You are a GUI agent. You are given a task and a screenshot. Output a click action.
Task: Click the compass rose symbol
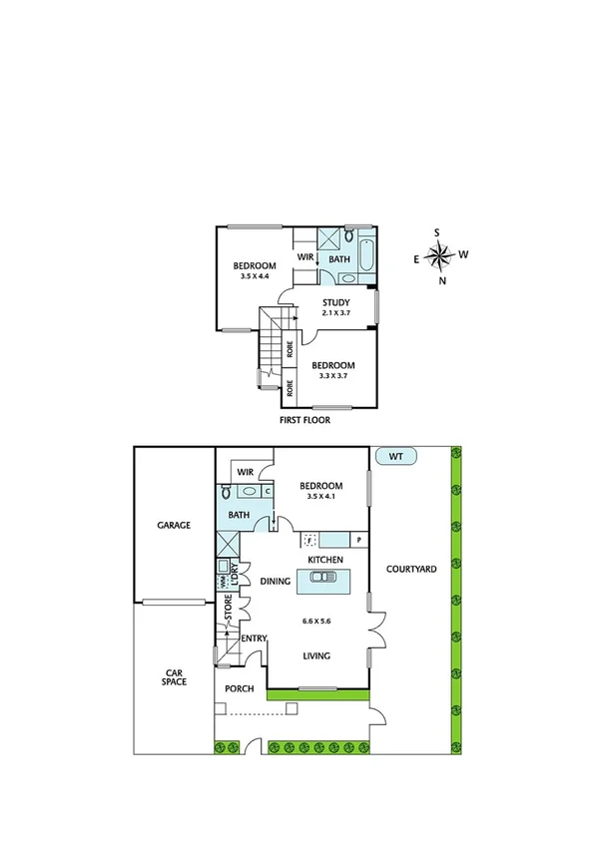pyautogui.click(x=439, y=255)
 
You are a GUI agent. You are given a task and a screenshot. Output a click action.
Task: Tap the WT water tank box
pyautogui.click(x=397, y=457)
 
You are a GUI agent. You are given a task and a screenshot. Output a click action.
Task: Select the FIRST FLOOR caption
pyautogui.click(x=304, y=420)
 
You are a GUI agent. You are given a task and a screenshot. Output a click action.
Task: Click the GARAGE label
pyautogui.click(x=174, y=525)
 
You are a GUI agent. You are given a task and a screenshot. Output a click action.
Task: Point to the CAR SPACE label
pyautogui.click(x=176, y=679)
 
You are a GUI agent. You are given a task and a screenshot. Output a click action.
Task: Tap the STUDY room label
pyautogui.click(x=335, y=301)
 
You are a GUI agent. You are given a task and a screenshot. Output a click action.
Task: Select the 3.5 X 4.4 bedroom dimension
pyautogui.click(x=255, y=276)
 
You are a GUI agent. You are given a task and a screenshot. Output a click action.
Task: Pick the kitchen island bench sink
pyautogui.click(x=328, y=582)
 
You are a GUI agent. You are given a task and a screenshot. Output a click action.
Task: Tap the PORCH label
pyautogui.click(x=238, y=688)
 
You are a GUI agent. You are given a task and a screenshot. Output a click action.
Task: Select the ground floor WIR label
pyautogui.click(x=246, y=472)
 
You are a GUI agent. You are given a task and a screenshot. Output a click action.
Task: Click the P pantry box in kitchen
pyautogui.click(x=356, y=540)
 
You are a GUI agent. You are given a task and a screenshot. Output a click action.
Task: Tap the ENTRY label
pyautogui.click(x=254, y=638)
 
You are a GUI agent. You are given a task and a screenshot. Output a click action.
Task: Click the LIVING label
pyautogui.click(x=317, y=655)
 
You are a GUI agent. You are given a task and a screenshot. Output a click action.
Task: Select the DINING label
pyautogui.click(x=275, y=580)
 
